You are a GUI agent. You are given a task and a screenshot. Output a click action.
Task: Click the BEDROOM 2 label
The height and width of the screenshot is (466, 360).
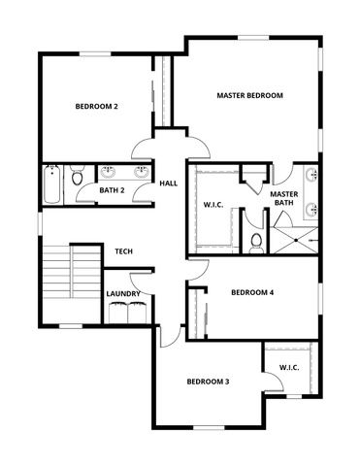(97, 107)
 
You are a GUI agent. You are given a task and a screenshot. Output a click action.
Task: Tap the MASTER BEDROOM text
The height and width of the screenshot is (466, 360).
(249, 95)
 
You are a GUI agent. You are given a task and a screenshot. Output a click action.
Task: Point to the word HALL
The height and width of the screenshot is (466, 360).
(168, 183)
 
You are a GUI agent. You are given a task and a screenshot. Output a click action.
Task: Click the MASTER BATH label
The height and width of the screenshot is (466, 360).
(283, 199)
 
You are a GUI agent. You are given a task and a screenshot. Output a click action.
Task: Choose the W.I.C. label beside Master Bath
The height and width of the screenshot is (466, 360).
(215, 205)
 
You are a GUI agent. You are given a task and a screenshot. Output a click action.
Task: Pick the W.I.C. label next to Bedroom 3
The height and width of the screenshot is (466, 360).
(288, 367)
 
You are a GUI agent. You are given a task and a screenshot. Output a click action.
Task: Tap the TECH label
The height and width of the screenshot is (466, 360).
(123, 251)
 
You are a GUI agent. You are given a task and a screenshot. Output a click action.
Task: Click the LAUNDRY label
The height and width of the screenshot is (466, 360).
(123, 294)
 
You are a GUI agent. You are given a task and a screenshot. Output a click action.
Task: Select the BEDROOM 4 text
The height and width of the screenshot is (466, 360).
(251, 292)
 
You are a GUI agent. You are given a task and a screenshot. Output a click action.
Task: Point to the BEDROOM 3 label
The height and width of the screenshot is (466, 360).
(208, 382)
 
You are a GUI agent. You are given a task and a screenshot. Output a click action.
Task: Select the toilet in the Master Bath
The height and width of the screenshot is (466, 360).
(256, 241)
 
